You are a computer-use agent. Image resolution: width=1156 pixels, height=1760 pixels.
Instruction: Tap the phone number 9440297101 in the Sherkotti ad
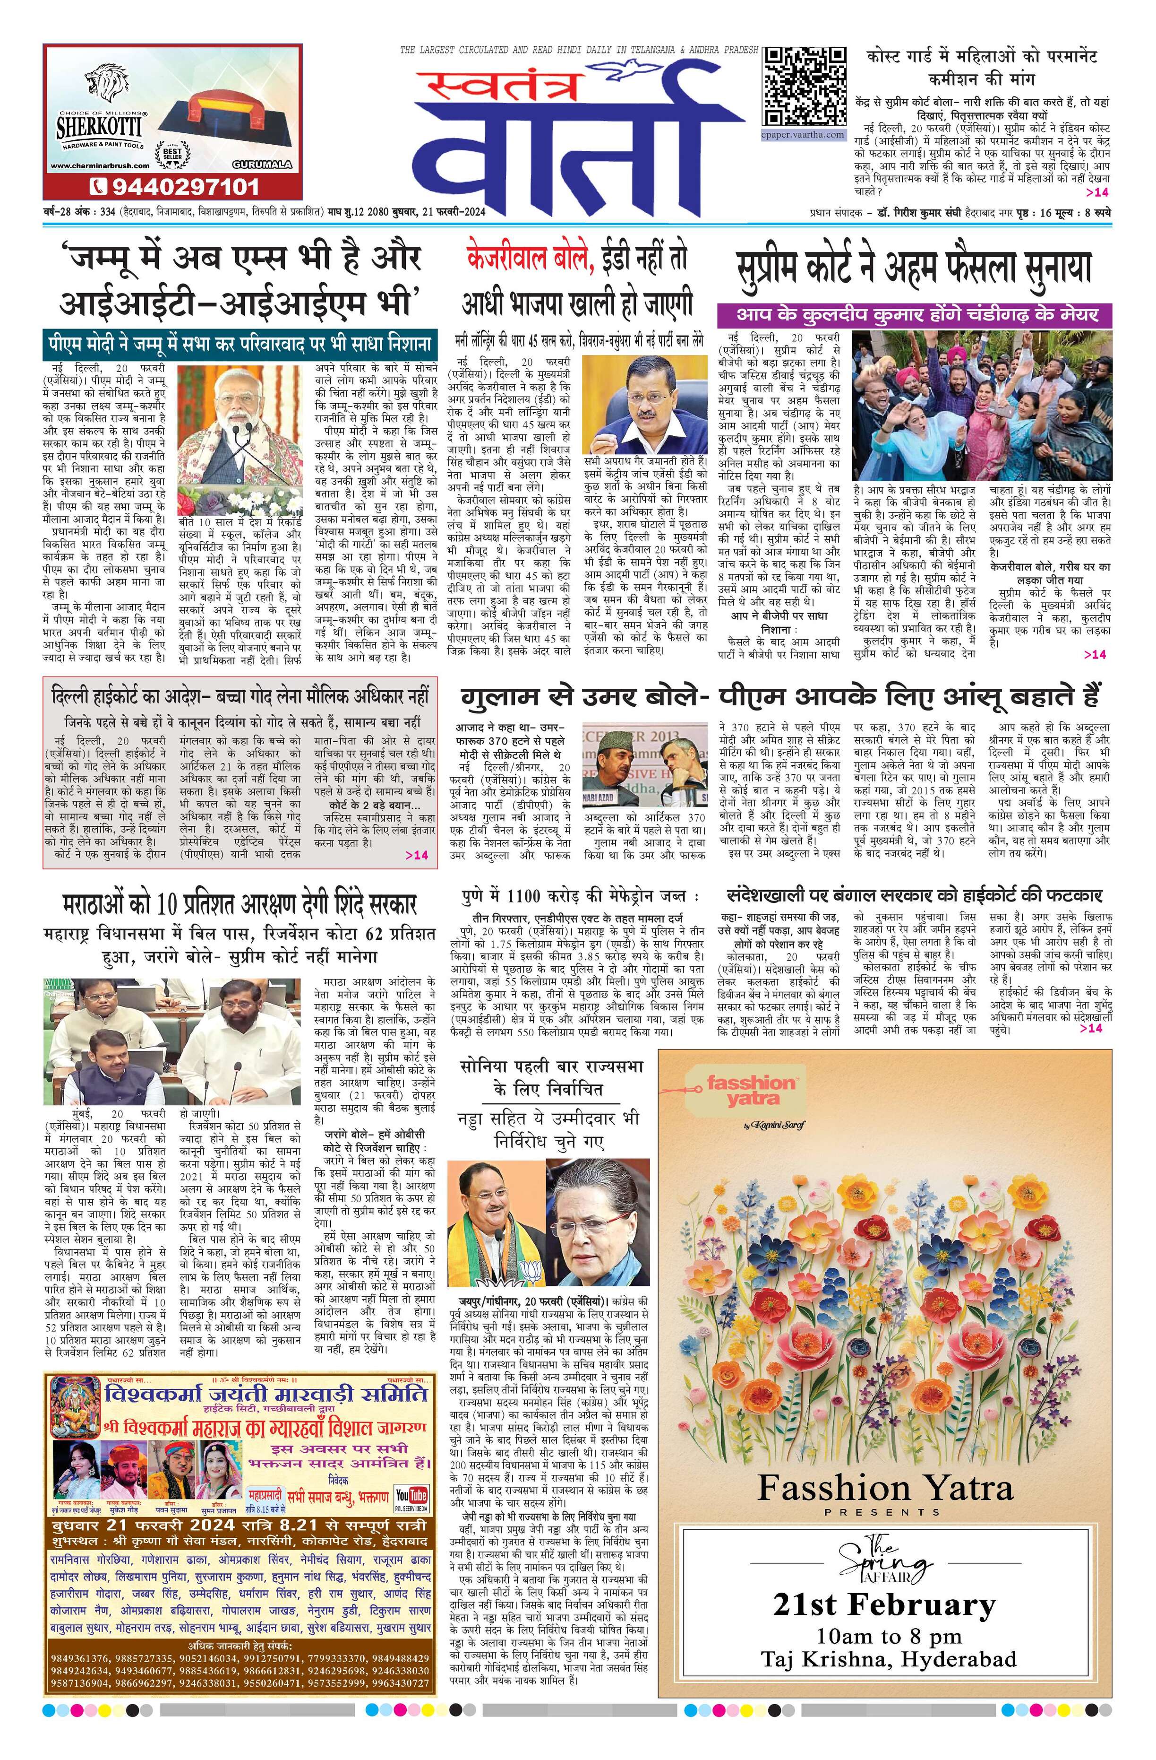coord(174,186)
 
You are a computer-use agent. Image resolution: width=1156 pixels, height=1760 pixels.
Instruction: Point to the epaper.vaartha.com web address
coord(804,135)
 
